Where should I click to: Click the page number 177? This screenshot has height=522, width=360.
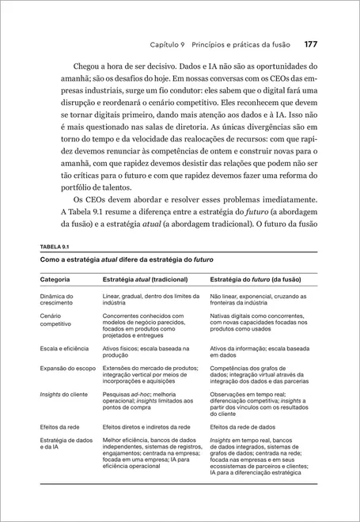(x=311, y=44)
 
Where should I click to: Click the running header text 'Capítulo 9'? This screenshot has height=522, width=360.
(x=171, y=45)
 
